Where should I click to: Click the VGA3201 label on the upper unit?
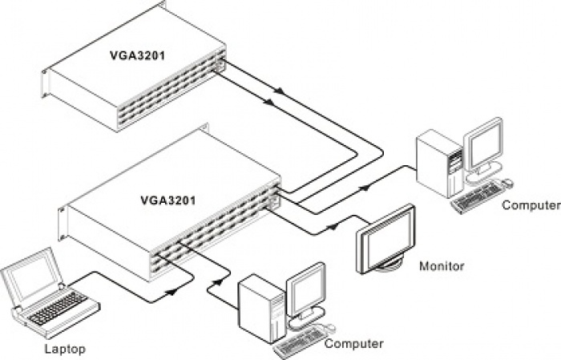[137, 55]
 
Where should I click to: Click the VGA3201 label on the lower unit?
[168, 200]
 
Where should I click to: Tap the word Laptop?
[65, 349]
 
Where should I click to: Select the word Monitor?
[442, 266]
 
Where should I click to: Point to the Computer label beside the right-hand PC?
[531, 205]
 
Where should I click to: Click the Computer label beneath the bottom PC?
[354, 343]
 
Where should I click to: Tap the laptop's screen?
[31, 277]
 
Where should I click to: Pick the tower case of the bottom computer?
[263, 309]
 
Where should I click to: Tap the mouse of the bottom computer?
[329, 328]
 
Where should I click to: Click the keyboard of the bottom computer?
[300, 342]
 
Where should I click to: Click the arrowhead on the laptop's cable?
[172, 292]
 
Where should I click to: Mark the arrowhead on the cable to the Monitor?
[333, 226]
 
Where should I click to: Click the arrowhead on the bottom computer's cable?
[217, 282]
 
